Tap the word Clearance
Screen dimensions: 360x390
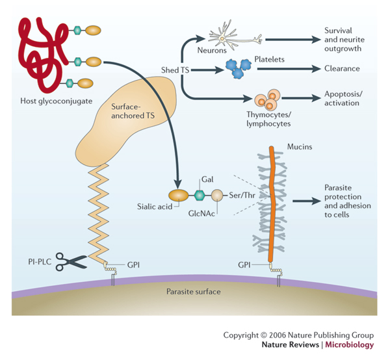[x=343, y=68]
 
